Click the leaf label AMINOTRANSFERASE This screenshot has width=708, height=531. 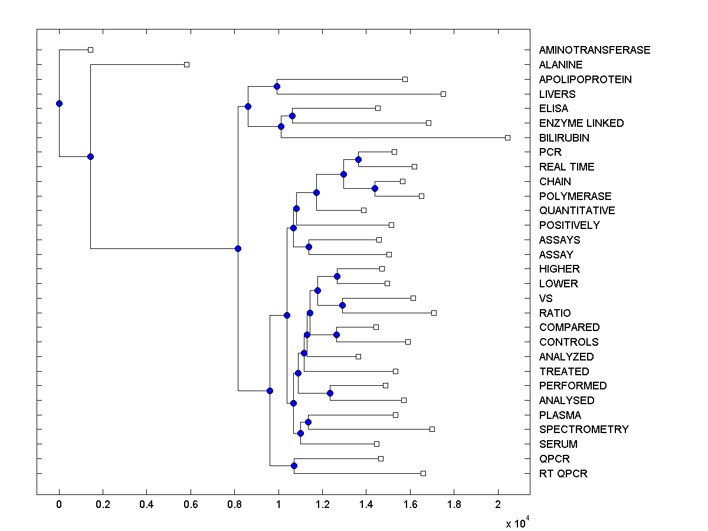594,50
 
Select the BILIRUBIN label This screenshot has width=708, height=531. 563,138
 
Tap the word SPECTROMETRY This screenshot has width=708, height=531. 584,430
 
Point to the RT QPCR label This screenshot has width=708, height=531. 563,474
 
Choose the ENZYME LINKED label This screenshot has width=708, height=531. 581,123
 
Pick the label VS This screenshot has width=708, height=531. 546,299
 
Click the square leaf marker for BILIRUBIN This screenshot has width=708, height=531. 507,137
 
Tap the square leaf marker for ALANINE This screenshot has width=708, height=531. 186,64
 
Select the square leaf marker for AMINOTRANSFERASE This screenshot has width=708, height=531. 90,50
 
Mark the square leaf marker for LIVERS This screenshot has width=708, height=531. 443,94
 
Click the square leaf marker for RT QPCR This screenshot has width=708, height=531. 423,473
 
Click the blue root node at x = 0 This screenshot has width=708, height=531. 59,103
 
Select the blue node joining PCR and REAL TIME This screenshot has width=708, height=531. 358,159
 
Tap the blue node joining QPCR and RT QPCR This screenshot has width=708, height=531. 294,466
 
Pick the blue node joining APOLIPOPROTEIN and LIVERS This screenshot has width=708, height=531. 277,86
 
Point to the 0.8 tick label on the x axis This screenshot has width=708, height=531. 234,504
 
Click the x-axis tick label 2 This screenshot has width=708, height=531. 498,504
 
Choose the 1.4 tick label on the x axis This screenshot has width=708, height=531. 366,504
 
